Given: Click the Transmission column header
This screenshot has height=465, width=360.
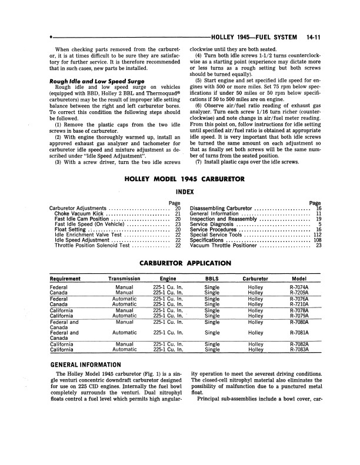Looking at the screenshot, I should (124, 279).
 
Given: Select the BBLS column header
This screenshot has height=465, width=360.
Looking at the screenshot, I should (212, 279).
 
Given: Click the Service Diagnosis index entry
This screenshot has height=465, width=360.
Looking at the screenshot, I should (215, 224).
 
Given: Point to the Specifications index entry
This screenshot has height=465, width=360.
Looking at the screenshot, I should (211, 240).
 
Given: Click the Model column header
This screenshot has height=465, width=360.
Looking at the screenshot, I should (303, 279).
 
